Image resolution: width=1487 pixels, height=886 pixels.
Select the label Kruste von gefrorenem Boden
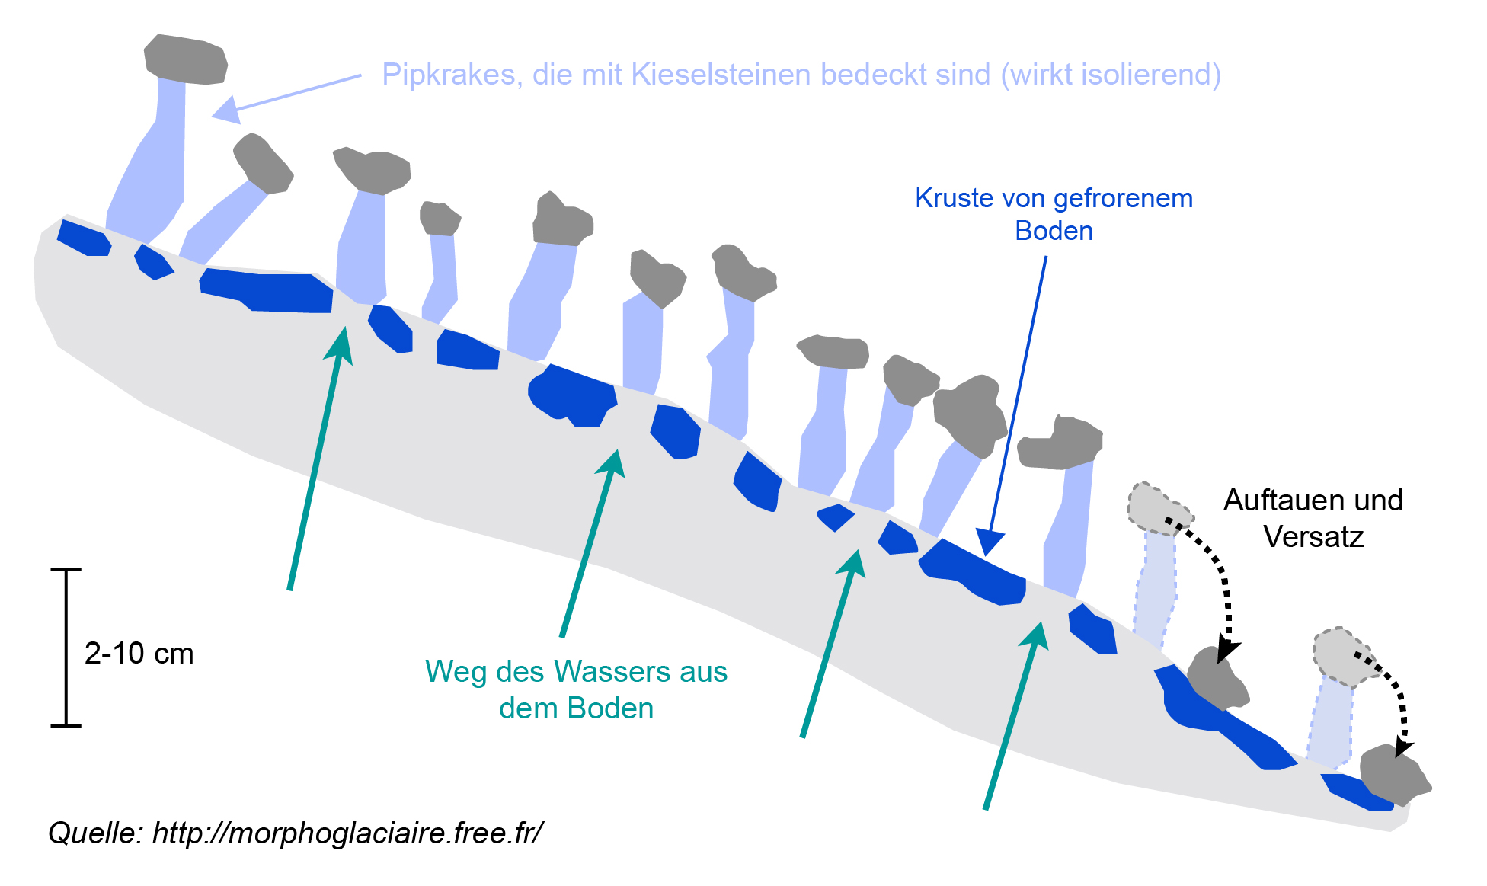(x=1054, y=214)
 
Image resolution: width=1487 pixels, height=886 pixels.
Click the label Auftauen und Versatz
(x=1313, y=518)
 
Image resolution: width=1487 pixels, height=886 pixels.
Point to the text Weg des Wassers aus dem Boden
(x=576, y=689)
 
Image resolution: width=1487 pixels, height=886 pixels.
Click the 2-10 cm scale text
(x=139, y=654)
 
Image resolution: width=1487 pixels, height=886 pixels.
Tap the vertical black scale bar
(x=66, y=648)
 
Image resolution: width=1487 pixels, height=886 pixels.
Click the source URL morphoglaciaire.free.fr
(x=347, y=833)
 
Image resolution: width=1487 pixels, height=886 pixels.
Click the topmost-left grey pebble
(x=186, y=59)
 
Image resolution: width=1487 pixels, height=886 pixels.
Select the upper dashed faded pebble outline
(x=1156, y=506)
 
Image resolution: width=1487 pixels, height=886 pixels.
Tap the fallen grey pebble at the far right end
(x=1393, y=775)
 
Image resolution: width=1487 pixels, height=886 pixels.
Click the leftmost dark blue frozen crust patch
(x=83, y=238)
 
